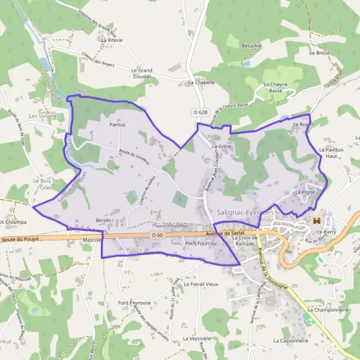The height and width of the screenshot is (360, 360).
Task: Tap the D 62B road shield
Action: pos(200,112)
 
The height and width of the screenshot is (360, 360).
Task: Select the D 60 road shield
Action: pos(158,235)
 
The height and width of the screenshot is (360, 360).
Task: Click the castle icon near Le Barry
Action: pos(317,221)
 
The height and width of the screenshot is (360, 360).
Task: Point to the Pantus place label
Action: pos(118,125)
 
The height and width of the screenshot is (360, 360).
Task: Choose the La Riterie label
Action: pos(112,40)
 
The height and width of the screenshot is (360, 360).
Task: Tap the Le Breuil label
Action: pos(322,53)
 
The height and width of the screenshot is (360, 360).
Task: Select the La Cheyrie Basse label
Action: pos(277,88)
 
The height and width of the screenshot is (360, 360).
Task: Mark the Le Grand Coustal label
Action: pos(142,73)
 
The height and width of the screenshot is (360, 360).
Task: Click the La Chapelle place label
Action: pos(201,83)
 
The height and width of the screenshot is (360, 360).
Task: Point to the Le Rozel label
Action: pos(303,124)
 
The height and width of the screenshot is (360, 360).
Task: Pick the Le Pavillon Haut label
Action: pos(332,152)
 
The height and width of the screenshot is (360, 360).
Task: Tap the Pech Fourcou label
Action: pos(200,243)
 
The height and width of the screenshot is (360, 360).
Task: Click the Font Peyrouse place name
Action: pos(134,303)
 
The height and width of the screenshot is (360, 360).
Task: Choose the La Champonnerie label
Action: pos(328,310)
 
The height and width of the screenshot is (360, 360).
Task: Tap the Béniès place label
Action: pos(104,221)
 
